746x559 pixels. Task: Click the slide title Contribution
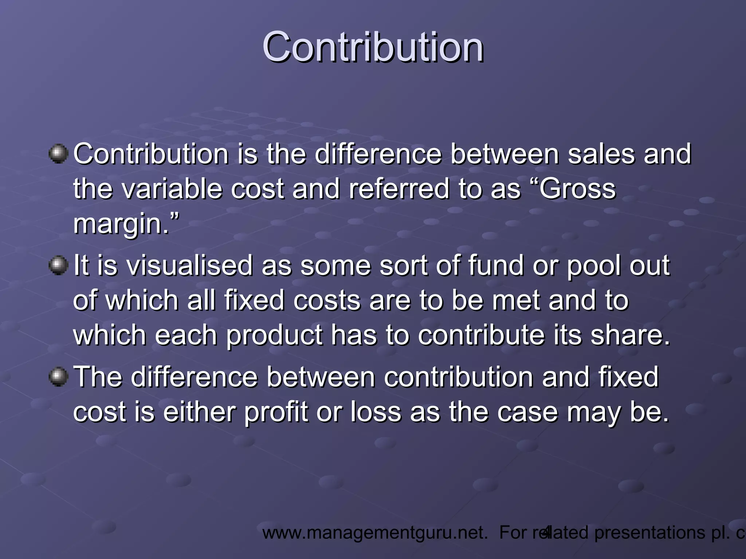coord(373,47)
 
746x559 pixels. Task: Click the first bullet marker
coord(58,154)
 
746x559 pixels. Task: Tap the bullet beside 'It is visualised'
coord(58,265)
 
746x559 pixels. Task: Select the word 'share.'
coord(630,335)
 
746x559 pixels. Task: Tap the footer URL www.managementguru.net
coord(375,533)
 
